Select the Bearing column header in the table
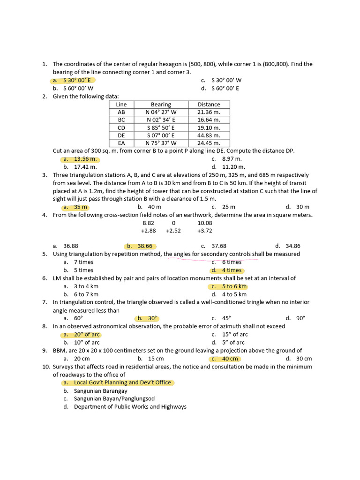click(x=161, y=105)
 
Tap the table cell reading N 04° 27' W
click(x=161, y=112)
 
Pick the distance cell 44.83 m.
click(x=209, y=135)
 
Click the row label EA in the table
click(x=121, y=143)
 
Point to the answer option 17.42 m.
click(x=85, y=167)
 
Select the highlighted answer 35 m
click(x=81, y=207)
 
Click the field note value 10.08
click(x=205, y=223)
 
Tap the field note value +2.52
click(x=173, y=231)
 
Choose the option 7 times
click(x=83, y=262)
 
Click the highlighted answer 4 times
click(x=232, y=270)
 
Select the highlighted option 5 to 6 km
click(x=234, y=286)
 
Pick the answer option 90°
click(x=300, y=318)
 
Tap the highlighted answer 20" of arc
click(x=87, y=334)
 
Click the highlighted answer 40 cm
click(x=230, y=359)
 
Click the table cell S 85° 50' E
click(x=161, y=127)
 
